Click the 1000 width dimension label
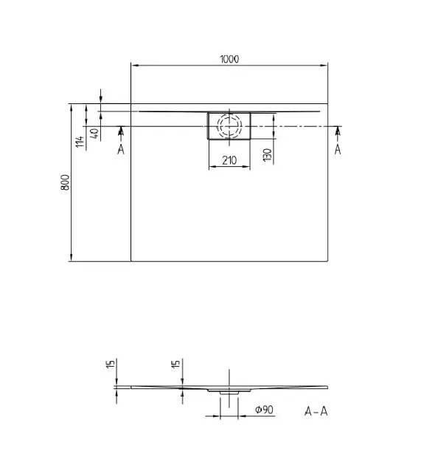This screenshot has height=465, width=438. [x=229, y=59]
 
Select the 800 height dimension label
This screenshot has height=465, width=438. [x=65, y=182]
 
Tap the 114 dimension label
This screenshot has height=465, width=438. [x=80, y=142]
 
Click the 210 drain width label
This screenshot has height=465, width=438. [x=229, y=160]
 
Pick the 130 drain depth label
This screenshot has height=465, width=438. [x=268, y=155]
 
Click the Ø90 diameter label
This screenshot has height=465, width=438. [x=264, y=410]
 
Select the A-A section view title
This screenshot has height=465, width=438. [x=316, y=411]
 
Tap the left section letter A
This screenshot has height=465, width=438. [x=121, y=149]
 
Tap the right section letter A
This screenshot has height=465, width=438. [x=338, y=149]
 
